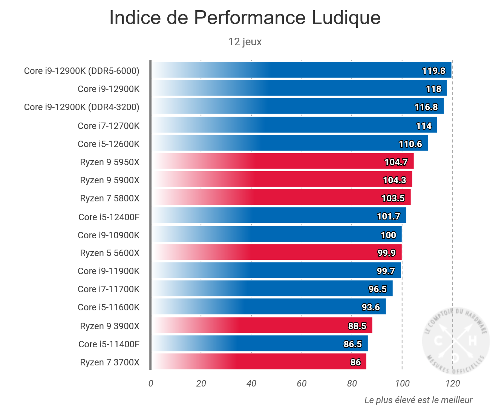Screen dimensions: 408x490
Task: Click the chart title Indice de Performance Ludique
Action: pos(245,18)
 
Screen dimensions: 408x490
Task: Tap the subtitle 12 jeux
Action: pos(245,41)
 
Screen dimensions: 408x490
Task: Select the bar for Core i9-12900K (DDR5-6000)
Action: pos(302,70)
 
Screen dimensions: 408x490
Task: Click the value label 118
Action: pos(433,89)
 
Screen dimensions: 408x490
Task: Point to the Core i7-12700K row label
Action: pos(109,126)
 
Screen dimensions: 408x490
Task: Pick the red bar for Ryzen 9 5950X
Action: pos(283,161)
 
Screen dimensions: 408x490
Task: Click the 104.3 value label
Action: pos(394,180)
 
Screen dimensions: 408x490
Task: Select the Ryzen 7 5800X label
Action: pos(110,198)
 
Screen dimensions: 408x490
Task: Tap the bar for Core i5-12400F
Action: pos(279,216)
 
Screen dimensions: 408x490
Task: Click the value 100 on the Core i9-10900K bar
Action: pos(388,235)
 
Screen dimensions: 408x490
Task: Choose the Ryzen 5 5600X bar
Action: pos(277,252)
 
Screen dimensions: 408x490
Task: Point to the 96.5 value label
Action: pos(378,289)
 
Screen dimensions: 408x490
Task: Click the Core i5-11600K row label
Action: pos(109,307)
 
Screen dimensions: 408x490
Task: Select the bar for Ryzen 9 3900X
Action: pos(262,325)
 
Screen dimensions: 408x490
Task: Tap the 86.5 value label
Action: pos(353,344)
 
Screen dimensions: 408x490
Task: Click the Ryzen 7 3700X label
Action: pos(110,362)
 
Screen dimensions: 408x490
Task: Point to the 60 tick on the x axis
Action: pos(302,383)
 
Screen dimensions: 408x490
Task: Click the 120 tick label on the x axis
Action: pos(452,383)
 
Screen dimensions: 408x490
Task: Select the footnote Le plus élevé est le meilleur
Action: pos(418,400)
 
